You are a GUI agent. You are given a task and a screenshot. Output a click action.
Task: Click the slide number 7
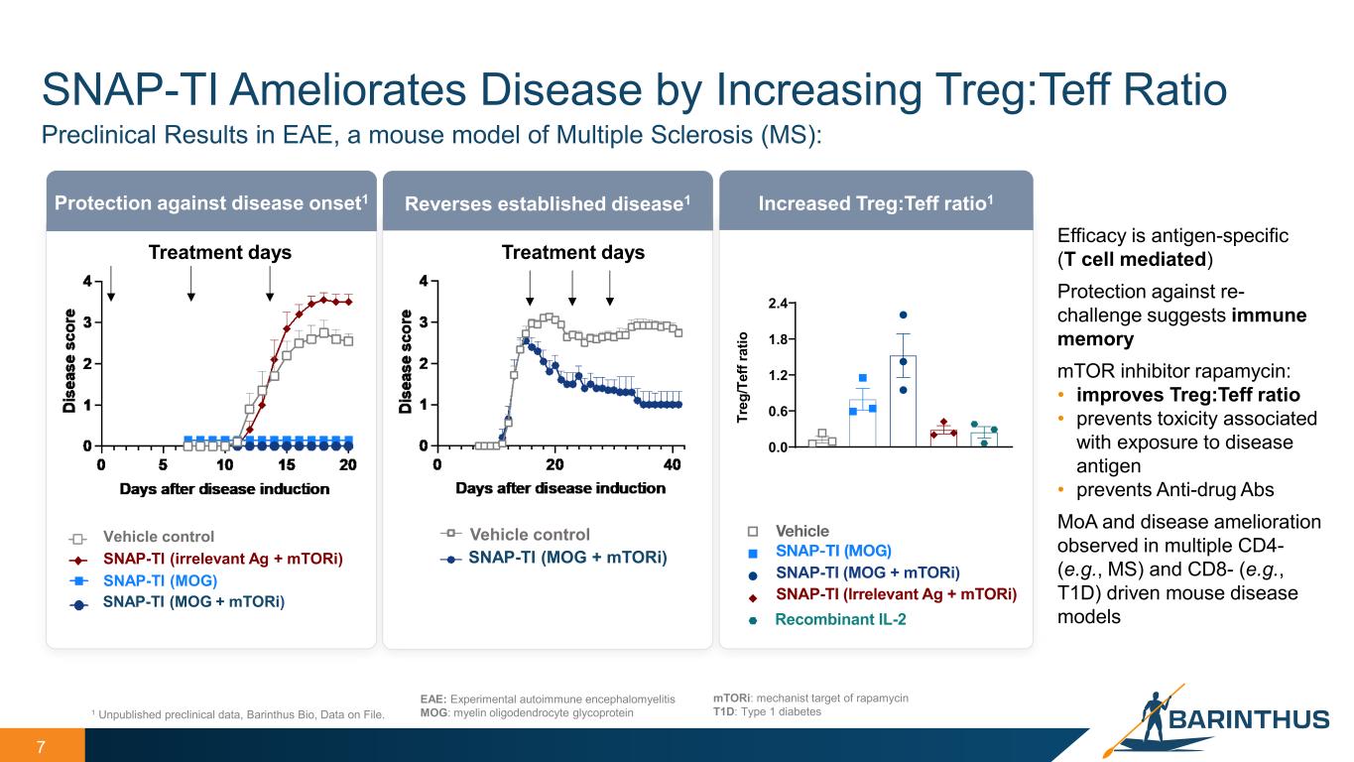tap(42, 745)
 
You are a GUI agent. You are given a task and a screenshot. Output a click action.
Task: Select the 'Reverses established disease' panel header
tap(548, 203)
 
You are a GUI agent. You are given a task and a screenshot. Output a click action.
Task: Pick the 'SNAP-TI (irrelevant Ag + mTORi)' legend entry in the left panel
tap(223, 559)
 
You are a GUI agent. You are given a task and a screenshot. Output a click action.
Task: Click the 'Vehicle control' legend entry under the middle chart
tap(529, 535)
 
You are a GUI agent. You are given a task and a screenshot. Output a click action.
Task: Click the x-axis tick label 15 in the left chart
tap(287, 465)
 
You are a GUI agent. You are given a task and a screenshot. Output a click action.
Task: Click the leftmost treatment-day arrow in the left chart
tap(112, 282)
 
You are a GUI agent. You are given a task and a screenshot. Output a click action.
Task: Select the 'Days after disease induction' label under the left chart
tap(224, 488)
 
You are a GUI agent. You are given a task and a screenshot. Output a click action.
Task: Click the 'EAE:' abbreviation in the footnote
tap(433, 699)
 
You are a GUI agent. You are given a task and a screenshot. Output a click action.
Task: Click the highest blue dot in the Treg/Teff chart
tap(903, 316)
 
